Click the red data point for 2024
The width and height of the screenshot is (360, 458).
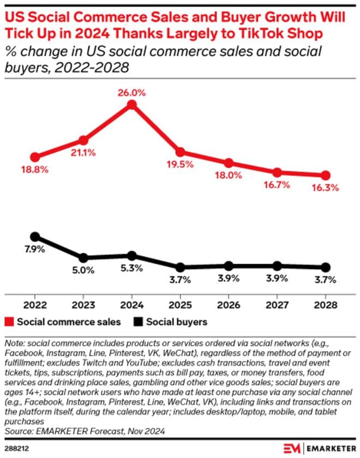point(131,105)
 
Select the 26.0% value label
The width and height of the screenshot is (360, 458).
point(131,93)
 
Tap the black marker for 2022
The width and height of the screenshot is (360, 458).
point(35,237)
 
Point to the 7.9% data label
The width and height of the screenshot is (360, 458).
point(34,249)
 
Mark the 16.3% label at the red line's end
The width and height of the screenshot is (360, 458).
point(326,188)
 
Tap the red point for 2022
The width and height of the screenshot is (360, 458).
point(35,157)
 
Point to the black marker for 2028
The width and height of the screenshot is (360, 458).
point(326,267)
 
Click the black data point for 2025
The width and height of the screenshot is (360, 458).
point(180,267)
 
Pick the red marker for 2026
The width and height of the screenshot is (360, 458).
point(229,163)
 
